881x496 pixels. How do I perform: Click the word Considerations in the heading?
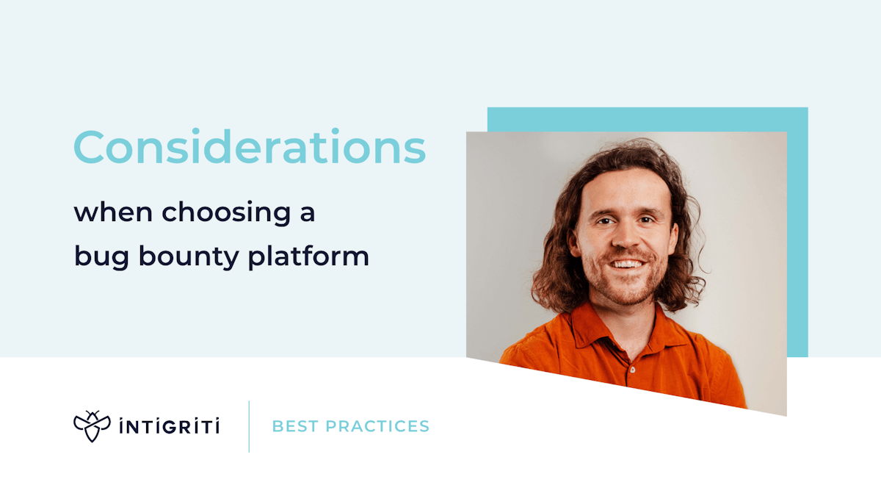click(249, 147)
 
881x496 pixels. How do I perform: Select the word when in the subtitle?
click(114, 213)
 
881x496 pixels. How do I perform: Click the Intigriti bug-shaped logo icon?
click(92, 426)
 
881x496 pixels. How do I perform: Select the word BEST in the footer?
click(295, 426)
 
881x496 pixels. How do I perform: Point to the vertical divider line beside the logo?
click(249, 426)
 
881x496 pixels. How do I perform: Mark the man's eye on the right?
click(647, 218)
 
